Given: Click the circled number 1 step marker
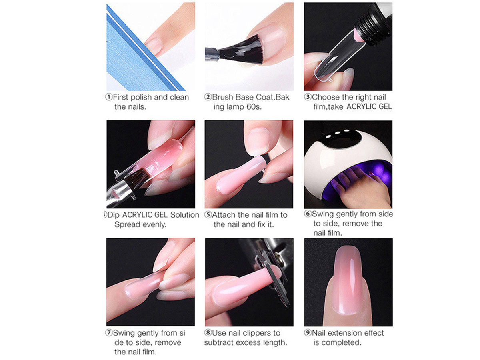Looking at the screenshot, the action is pyautogui.click(x=109, y=97).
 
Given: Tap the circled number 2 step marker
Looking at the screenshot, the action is pyautogui.click(x=208, y=97).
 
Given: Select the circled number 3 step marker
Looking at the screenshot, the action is pyautogui.click(x=308, y=97).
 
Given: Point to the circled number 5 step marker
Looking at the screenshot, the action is pyautogui.click(x=208, y=215).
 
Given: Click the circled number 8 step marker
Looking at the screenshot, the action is pyautogui.click(x=208, y=333).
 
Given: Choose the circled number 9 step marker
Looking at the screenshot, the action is pyautogui.click(x=308, y=333).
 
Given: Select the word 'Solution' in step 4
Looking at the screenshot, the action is pyautogui.click(x=184, y=215).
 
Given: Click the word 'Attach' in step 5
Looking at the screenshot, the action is pyautogui.click(x=224, y=215).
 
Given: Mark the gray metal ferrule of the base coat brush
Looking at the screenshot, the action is pyautogui.click(x=212, y=54).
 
